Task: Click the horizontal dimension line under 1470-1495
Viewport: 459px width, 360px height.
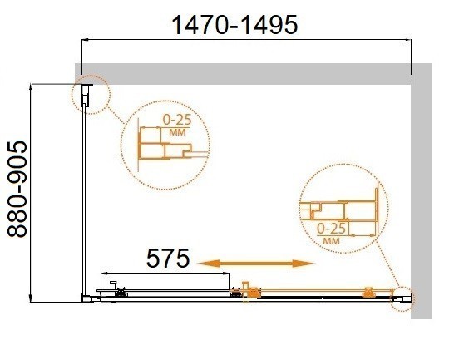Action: tap(249, 38)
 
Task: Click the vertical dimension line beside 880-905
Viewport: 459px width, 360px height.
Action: tap(32, 191)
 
